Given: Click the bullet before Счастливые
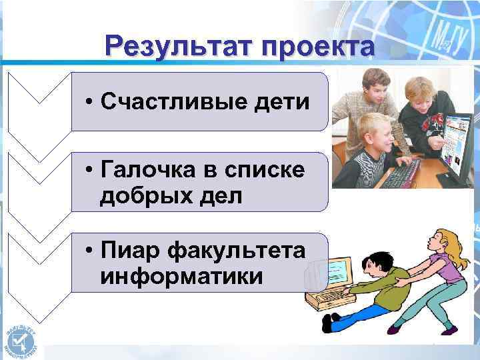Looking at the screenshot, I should pos(89,103).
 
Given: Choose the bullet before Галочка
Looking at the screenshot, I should pos(89,171).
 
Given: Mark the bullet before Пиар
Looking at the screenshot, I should pos(89,253).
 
